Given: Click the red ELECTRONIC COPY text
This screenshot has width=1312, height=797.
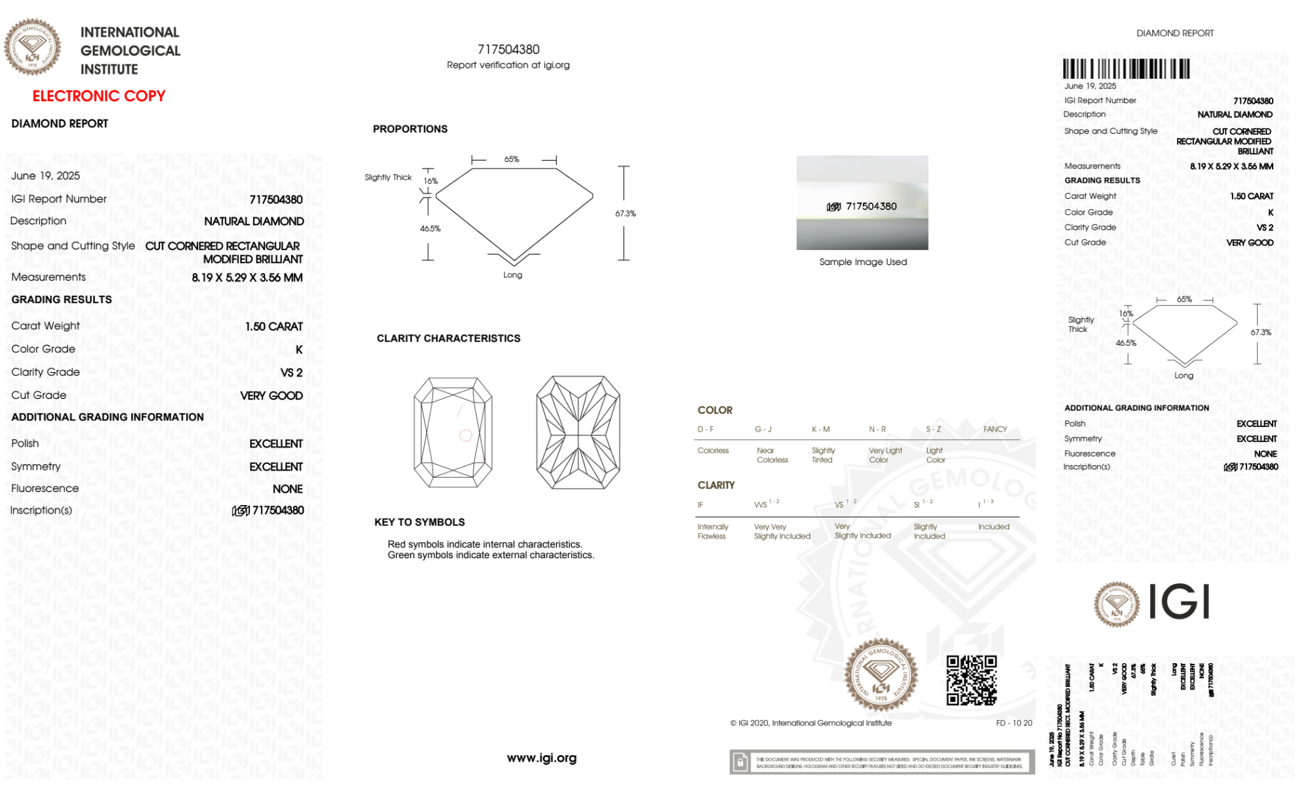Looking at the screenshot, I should point(99,96).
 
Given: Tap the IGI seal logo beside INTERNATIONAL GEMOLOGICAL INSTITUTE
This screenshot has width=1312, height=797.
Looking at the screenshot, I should point(33,47).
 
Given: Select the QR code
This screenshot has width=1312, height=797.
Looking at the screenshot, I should point(972,681).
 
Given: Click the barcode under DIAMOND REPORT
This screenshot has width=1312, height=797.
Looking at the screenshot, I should point(1126,69).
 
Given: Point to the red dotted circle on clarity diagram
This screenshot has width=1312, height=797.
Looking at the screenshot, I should point(466,435).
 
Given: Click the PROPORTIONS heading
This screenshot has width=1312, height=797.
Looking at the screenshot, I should point(410,129).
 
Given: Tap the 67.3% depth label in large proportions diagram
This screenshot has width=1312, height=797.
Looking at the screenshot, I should point(626,214).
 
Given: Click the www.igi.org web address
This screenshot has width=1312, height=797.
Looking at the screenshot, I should point(542,758).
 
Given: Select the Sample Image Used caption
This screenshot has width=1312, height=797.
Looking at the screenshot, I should point(863,262).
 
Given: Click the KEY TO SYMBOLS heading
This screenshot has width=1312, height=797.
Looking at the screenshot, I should point(419,523).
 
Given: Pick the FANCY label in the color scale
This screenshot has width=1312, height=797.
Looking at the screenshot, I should point(995,430).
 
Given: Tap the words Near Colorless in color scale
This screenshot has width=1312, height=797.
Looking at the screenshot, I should point(772,455).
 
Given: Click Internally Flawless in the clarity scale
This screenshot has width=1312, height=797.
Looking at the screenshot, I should point(712,531).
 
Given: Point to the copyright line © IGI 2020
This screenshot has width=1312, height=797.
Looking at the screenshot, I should point(811,724).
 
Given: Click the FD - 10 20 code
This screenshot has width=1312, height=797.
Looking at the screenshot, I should point(1014,724).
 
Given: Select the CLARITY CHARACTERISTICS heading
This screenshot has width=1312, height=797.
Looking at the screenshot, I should point(448,338).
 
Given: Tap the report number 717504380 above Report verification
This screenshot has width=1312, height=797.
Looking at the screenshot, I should point(508,50).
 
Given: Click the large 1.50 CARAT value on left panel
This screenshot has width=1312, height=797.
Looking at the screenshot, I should point(274,327).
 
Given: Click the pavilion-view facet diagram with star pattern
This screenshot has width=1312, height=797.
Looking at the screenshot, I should point(578,433).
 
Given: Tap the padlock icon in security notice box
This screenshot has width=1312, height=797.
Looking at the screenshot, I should point(741,762).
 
